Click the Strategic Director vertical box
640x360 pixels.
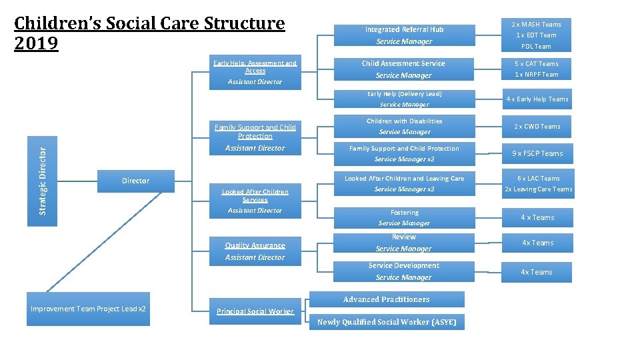click(x=42, y=181)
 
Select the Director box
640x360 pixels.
click(x=136, y=181)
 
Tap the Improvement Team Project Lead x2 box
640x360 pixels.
click(x=88, y=309)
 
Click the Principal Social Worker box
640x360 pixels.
click(x=255, y=311)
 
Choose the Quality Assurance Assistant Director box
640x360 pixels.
click(x=255, y=251)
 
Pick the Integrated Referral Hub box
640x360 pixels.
click(x=404, y=35)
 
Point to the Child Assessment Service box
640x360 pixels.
click(x=404, y=69)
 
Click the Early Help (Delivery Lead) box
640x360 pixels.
click(x=404, y=99)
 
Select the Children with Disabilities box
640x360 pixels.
click(x=404, y=127)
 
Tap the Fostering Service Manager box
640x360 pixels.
click(x=404, y=217)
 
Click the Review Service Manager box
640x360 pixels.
click(x=404, y=243)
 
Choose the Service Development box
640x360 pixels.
click(x=404, y=271)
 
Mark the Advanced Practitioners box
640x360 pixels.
click(x=386, y=299)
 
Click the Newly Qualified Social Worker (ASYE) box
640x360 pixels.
click(x=387, y=322)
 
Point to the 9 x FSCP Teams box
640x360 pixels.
click(x=537, y=153)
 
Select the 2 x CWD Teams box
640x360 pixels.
click(x=537, y=127)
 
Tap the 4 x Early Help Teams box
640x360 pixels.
click(x=537, y=99)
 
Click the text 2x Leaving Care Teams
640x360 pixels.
click(x=538, y=189)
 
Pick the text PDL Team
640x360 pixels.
click(x=536, y=47)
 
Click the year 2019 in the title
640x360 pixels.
click(x=37, y=44)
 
